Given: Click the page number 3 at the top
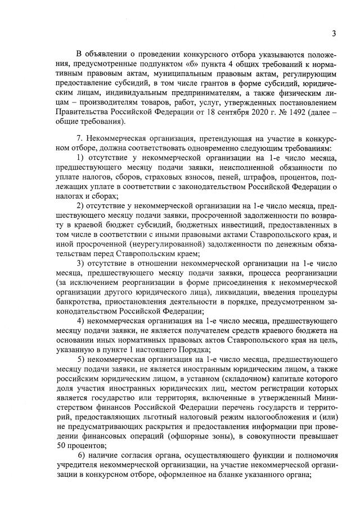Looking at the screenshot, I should click(x=334, y=33).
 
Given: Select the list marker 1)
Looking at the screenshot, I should click(x=80, y=158).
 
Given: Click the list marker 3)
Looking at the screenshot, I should click(x=80, y=262).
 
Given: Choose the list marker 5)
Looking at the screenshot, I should click(x=80, y=359).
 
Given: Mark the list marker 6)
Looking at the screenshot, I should click(x=82, y=454).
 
